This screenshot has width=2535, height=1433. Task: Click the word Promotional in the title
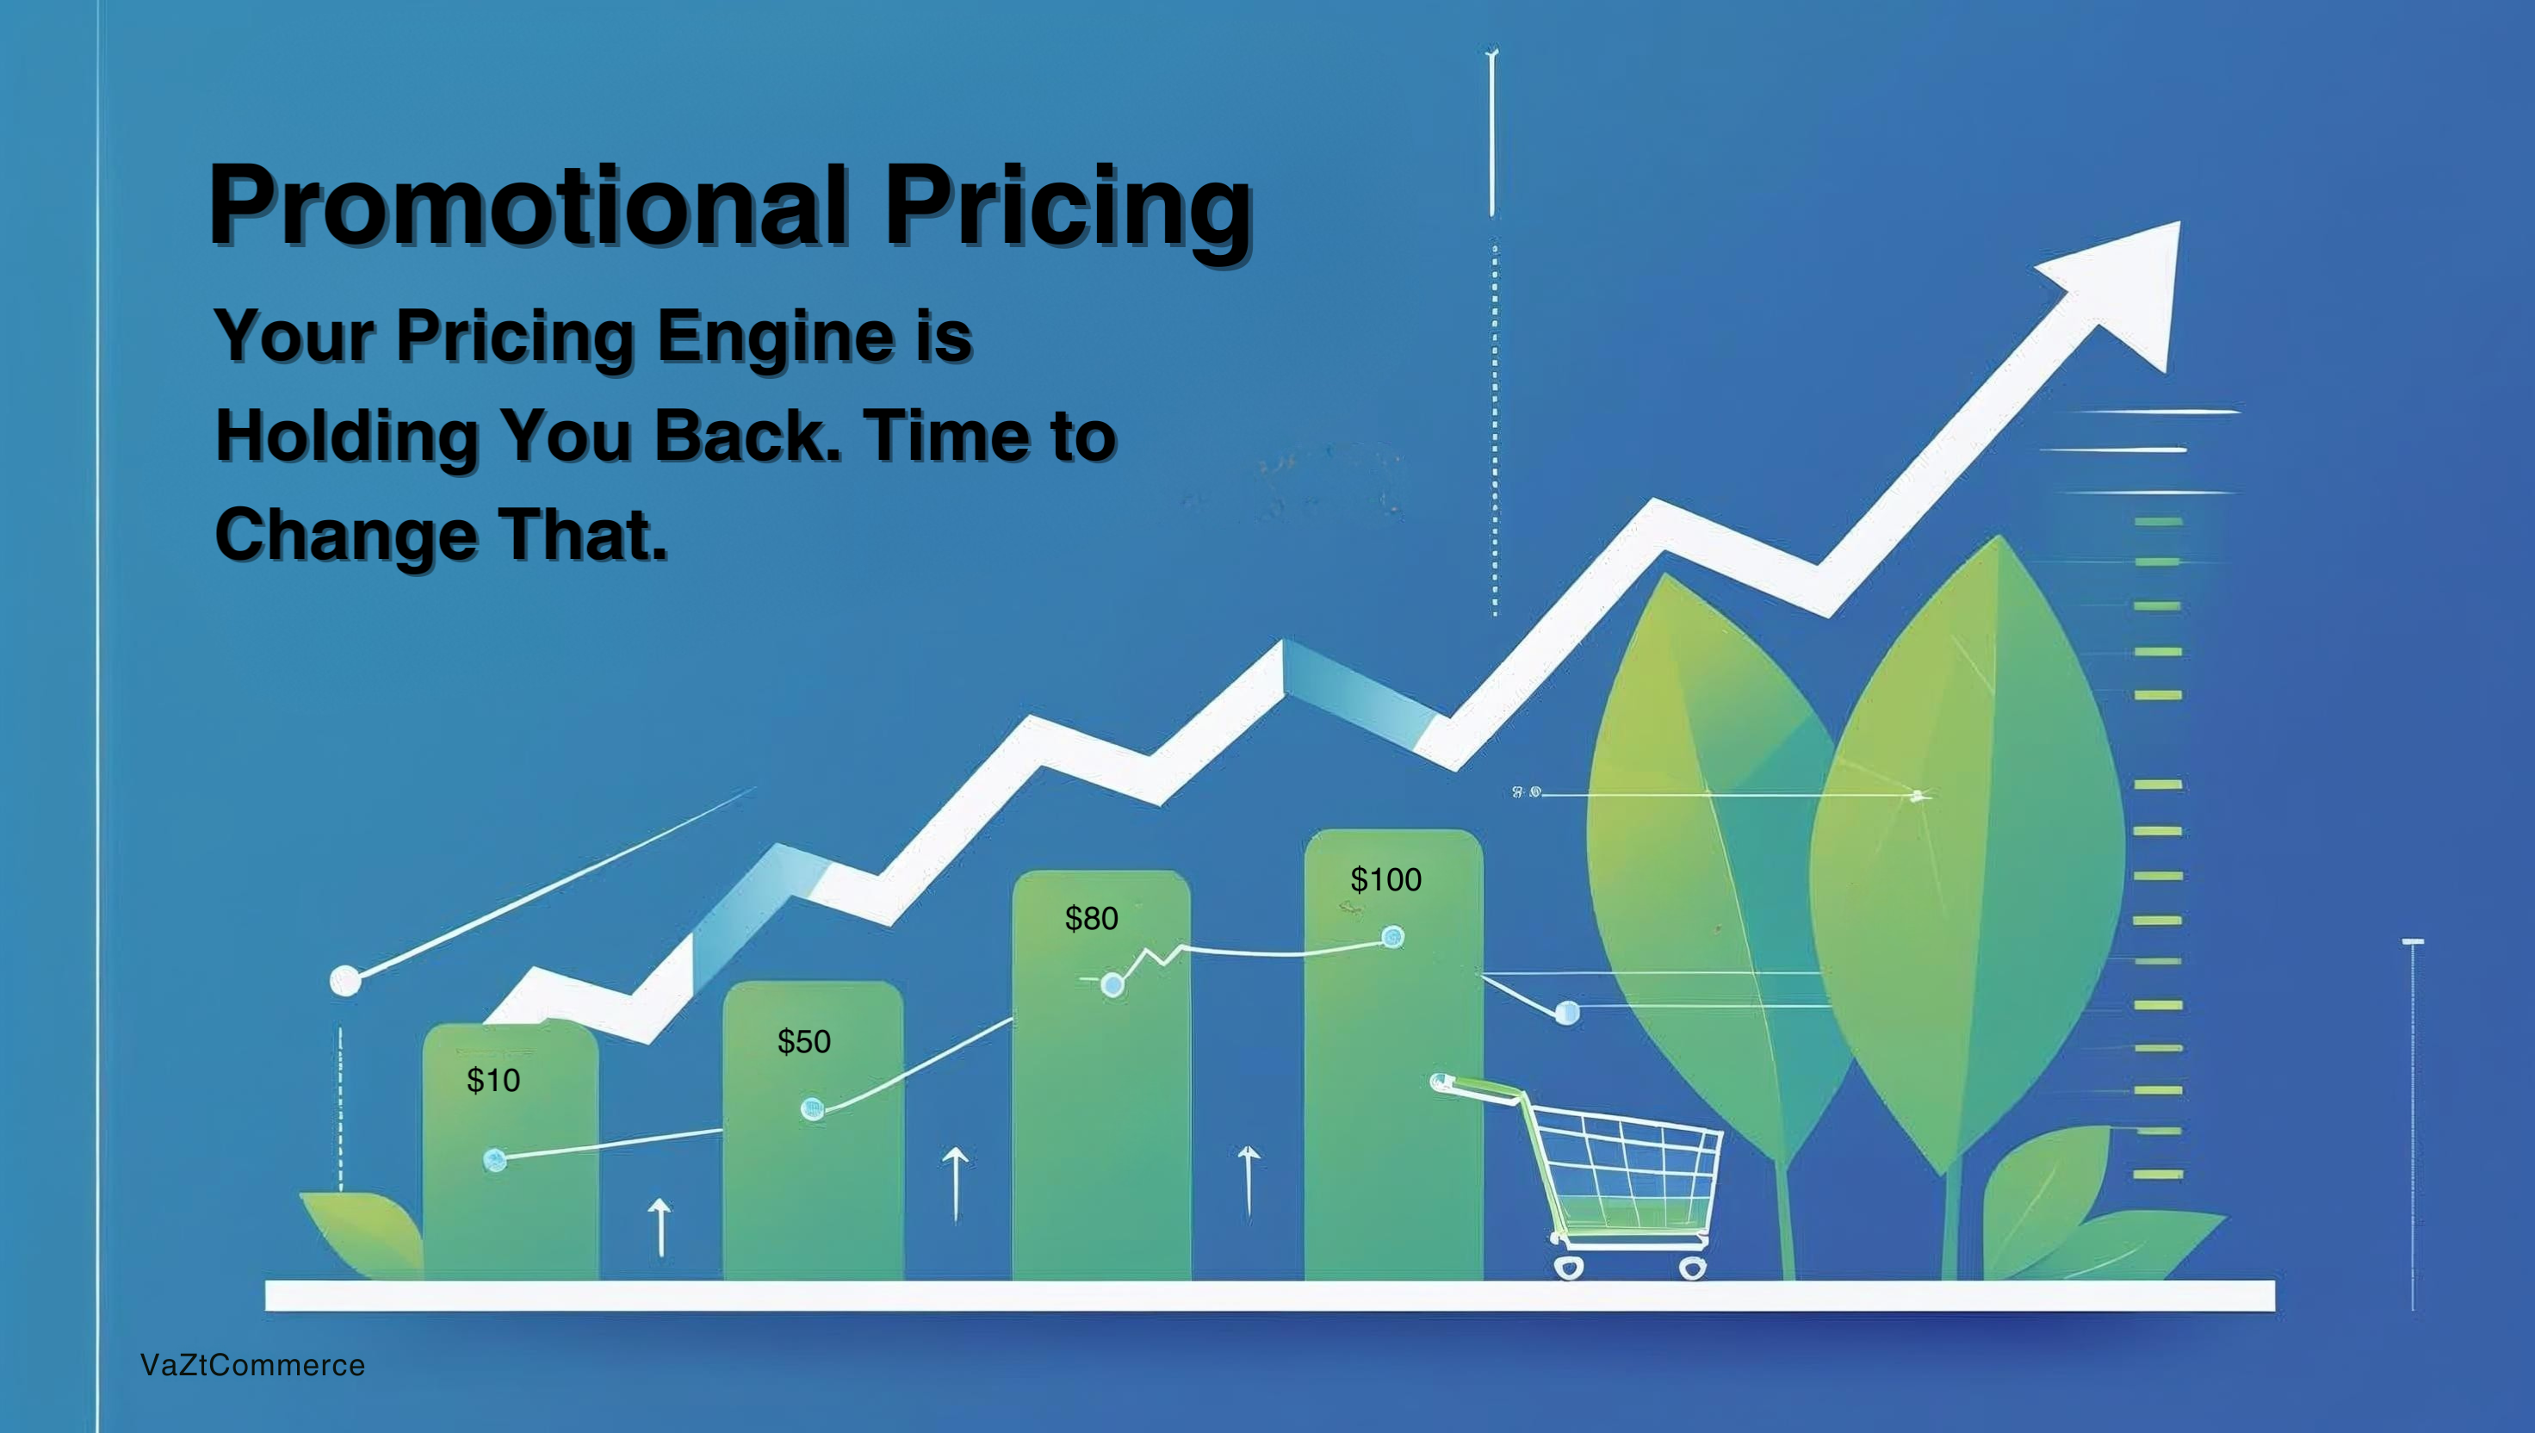[529, 205]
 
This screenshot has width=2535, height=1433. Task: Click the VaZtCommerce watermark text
[253, 1365]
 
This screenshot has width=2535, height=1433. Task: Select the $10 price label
[493, 1081]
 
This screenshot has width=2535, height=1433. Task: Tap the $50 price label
[804, 1041]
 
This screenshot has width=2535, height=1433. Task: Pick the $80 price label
[1091, 918]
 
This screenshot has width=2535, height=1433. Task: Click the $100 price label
[1385, 879]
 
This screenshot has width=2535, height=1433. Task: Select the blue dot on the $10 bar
[495, 1160]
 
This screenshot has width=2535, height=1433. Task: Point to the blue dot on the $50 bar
[812, 1109]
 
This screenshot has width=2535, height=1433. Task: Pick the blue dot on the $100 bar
[1392, 937]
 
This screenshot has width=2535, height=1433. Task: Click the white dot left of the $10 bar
[345, 980]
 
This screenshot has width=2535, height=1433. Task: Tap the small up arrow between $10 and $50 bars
[660, 1227]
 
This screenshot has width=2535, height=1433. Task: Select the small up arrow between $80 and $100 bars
[1249, 1181]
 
